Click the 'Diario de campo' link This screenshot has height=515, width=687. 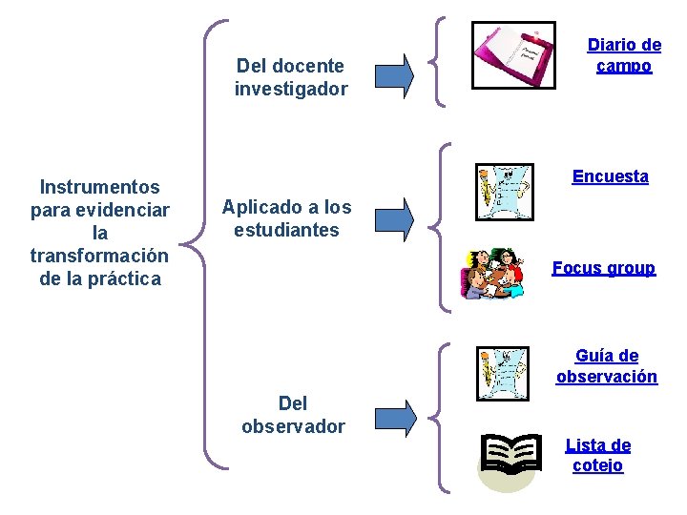[x=624, y=55]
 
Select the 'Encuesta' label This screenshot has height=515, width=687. [x=610, y=176]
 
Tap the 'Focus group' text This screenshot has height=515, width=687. [x=603, y=268]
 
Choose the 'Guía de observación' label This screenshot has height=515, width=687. [x=607, y=366]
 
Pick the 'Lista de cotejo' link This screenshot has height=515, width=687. [x=598, y=455]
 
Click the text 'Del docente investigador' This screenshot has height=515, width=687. [x=291, y=77]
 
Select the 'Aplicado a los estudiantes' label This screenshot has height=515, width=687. [x=286, y=218]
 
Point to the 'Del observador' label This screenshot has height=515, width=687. [x=293, y=415]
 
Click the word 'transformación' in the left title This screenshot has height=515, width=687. [x=99, y=256]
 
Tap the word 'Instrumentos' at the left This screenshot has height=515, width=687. [x=100, y=187]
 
